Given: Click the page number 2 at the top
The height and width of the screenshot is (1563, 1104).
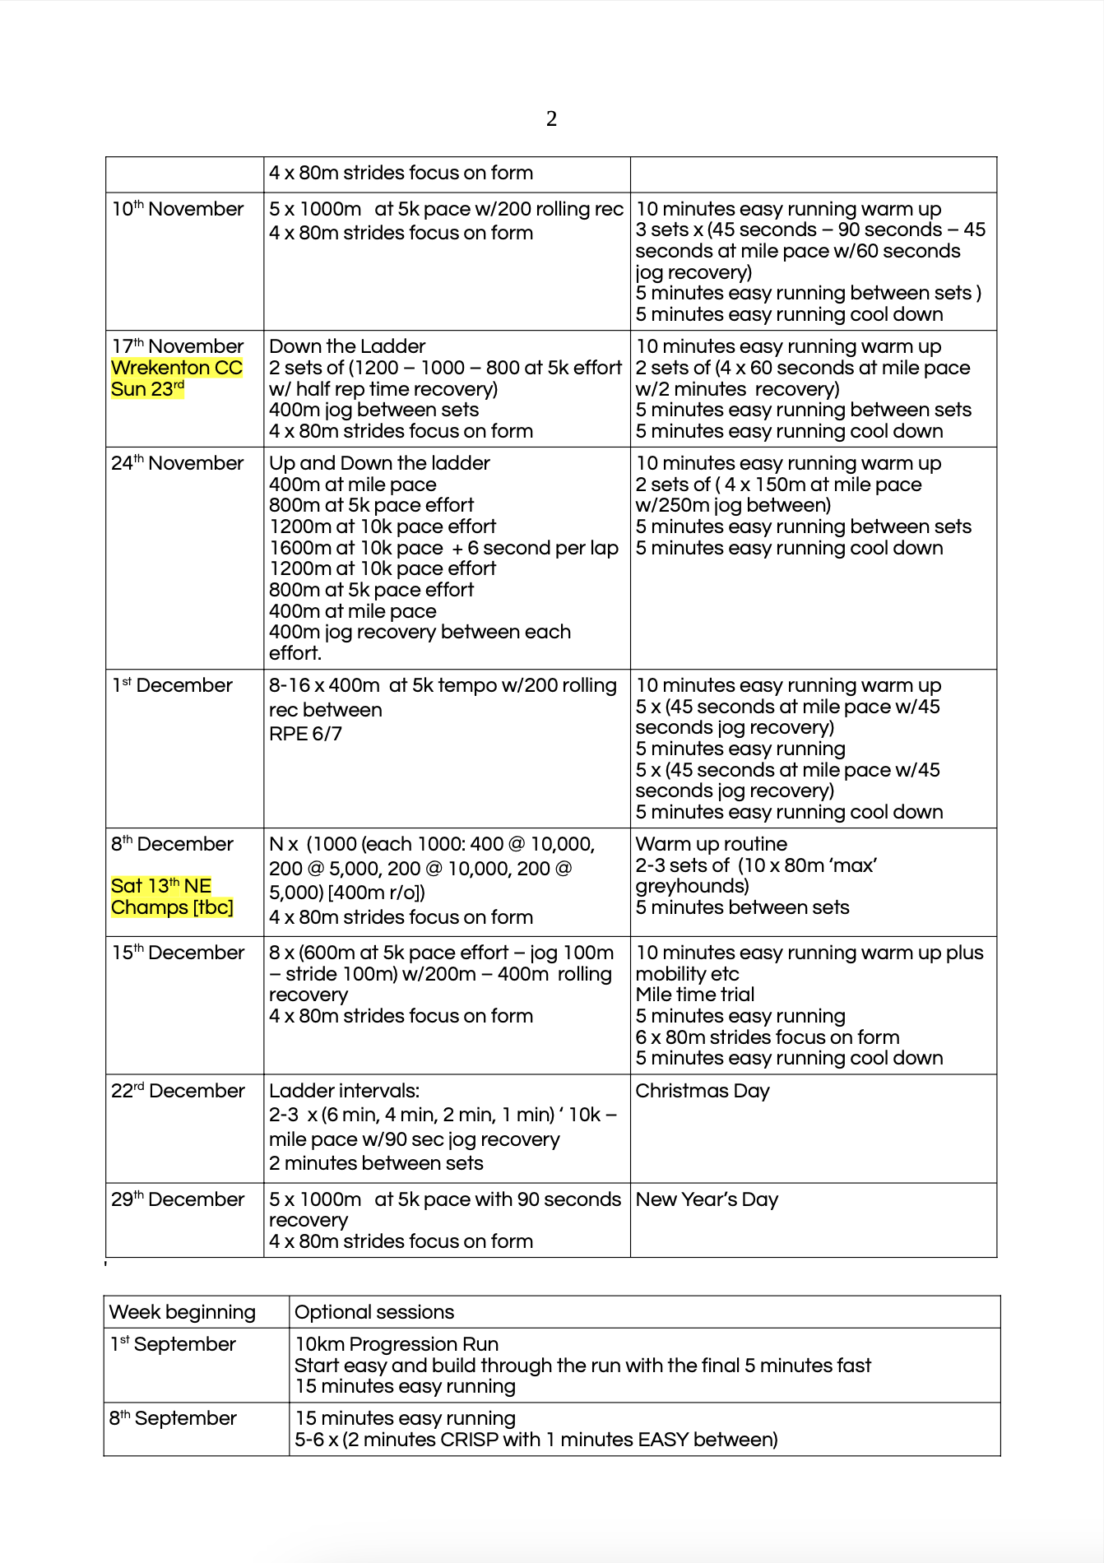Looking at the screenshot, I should click(551, 119).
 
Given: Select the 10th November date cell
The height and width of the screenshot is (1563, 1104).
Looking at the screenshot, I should click(178, 210).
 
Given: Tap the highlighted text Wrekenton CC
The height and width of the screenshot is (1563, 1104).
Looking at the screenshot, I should click(177, 368).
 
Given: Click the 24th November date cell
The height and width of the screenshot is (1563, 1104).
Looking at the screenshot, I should click(178, 464).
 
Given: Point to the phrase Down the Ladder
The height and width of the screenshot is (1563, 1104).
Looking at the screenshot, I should click(347, 346).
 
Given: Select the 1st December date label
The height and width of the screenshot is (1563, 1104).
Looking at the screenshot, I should click(173, 686).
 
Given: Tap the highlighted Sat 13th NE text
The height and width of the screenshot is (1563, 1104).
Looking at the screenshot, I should click(161, 886).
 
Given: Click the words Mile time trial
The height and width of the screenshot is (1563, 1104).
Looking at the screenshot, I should click(695, 995).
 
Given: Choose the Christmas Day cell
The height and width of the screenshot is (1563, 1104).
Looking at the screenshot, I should click(703, 1091).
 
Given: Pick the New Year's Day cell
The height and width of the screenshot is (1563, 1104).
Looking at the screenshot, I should click(707, 1199).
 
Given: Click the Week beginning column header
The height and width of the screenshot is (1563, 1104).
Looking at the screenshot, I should click(183, 1312).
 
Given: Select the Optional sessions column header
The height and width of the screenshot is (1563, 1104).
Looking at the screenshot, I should click(374, 1312).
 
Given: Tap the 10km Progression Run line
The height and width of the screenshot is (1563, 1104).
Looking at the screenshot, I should click(397, 1344).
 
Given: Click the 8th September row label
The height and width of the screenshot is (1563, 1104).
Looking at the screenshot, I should click(174, 1418).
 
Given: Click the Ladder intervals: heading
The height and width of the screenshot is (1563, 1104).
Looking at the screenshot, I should click(344, 1091).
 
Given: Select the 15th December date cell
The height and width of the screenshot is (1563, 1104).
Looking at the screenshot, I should click(179, 953).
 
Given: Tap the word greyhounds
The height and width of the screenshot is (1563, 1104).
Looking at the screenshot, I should click(691, 886).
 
